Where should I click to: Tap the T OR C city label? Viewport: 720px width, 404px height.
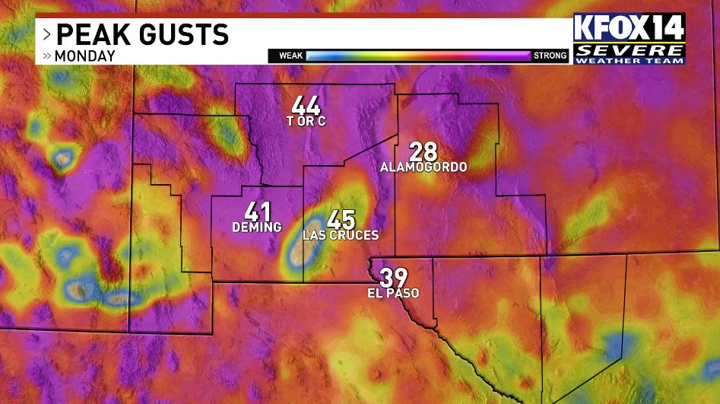pos(306,122)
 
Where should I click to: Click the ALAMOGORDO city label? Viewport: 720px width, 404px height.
pos(423,167)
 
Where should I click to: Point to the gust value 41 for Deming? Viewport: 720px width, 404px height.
pos(258,212)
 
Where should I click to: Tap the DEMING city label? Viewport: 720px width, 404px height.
pos(257,227)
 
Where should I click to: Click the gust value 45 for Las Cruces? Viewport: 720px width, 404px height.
pos(341,220)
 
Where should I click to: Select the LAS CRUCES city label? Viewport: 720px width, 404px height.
pos(341,236)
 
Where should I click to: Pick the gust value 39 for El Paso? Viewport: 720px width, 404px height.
pos(395,278)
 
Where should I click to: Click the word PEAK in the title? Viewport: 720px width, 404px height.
pos(90,34)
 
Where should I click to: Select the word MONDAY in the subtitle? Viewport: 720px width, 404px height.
pos(84,56)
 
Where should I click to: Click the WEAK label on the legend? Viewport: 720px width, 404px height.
pos(291,56)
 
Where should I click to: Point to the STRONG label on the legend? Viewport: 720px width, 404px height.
pos(550,56)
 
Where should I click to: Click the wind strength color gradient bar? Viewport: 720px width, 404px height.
pos(418,56)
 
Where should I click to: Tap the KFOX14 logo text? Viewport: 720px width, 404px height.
pos(629,29)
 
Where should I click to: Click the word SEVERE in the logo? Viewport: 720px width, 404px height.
pos(629,50)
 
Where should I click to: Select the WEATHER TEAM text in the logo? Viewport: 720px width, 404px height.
pos(629,60)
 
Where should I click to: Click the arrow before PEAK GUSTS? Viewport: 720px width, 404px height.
pos(46,34)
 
